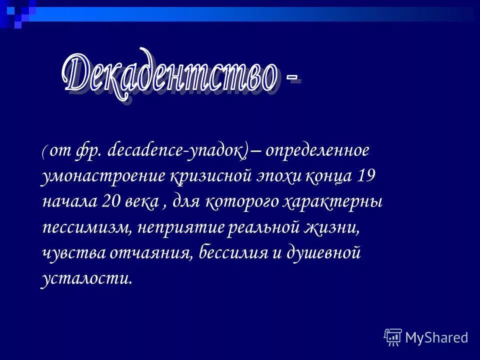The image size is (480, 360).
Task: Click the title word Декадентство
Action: (x=170, y=75)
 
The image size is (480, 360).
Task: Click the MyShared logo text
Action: (x=436, y=337)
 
